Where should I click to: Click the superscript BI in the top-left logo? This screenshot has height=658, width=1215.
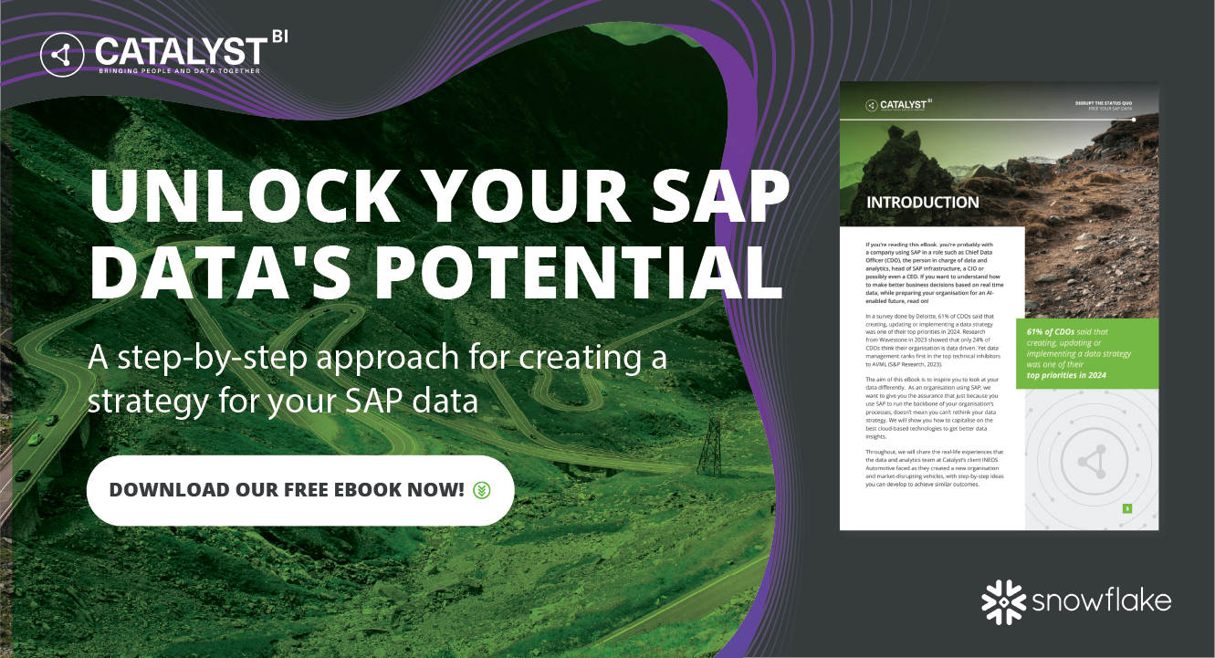pyautogui.click(x=278, y=37)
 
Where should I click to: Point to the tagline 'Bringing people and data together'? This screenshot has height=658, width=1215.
pyautogui.click(x=180, y=70)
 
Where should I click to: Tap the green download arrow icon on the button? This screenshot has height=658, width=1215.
pyautogui.click(x=482, y=490)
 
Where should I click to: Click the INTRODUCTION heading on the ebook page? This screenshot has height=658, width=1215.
pyautogui.click(x=922, y=202)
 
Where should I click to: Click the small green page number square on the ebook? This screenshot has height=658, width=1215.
pyautogui.click(x=1127, y=508)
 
